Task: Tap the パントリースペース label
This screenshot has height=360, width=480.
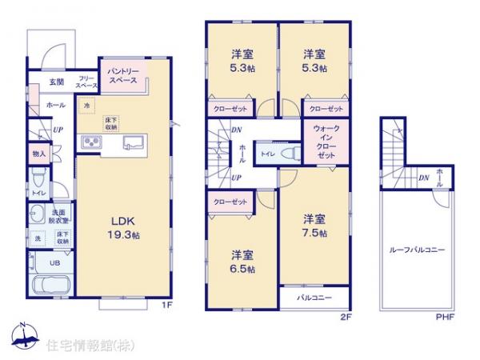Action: point(122,76)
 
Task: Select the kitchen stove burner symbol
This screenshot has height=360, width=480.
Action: point(90,143)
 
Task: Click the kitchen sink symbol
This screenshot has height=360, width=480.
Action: point(131,143)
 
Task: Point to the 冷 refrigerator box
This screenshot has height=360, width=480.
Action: point(86,104)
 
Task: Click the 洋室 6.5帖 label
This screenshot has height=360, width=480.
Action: point(242,262)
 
